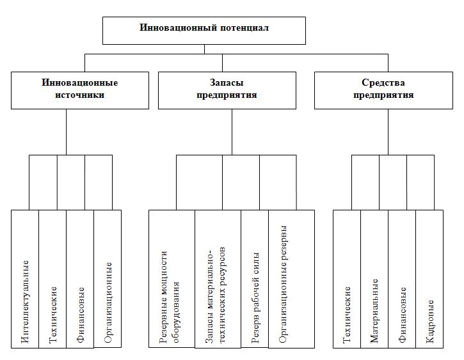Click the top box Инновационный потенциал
(204, 31)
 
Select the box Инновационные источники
(80, 90)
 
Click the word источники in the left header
(80, 95)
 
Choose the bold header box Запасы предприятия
(227, 90)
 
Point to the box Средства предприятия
(383, 90)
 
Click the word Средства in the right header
(383, 82)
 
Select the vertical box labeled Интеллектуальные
(25, 279)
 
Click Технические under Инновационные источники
(52, 279)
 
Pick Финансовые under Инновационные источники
(80, 279)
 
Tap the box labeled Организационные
(108, 279)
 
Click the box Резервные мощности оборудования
(172, 279)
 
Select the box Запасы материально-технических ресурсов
(218, 279)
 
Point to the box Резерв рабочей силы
(255, 279)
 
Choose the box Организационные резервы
(291, 279)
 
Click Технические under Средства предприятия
(347, 279)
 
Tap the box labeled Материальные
(374, 279)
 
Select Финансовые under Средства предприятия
(402, 279)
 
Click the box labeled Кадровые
(429, 279)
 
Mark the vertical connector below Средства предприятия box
(388, 132)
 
